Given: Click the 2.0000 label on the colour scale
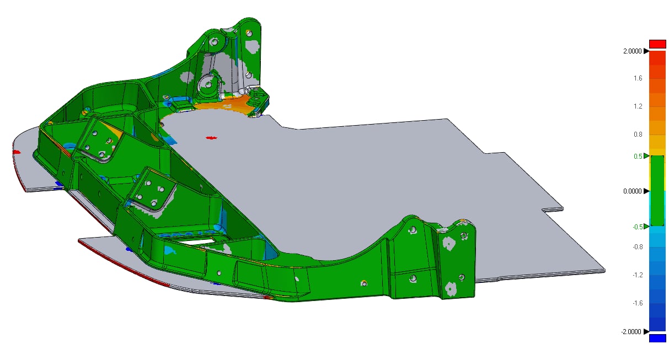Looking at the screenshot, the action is [x=632, y=51].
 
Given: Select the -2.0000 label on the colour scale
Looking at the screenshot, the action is [x=631, y=332].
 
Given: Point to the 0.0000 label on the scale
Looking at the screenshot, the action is [x=632, y=191].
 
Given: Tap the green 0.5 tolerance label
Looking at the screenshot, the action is [x=638, y=157].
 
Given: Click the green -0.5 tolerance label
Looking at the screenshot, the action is [x=638, y=227].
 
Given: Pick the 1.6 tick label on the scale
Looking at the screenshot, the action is [x=638, y=78].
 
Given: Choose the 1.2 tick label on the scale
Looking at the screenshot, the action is [x=638, y=106].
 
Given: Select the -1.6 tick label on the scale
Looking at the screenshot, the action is [x=638, y=303].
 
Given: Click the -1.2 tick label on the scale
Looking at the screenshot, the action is [x=638, y=275].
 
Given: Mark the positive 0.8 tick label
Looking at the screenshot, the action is [x=638, y=135].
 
